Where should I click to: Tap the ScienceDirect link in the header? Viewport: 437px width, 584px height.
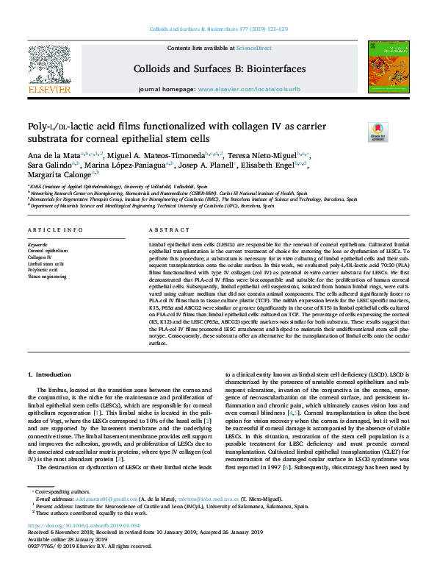tap(255, 49)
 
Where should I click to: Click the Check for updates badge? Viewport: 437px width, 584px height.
tap(378, 132)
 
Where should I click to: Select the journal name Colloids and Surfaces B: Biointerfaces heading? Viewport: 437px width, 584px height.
tap(219, 68)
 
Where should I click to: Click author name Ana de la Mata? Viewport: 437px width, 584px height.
tap(52, 156)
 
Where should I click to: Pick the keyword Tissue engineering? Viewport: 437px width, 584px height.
tap(47, 277)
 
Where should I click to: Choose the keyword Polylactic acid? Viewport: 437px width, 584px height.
tap(43, 271)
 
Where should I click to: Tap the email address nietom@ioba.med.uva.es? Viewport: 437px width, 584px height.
tap(196, 519)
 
